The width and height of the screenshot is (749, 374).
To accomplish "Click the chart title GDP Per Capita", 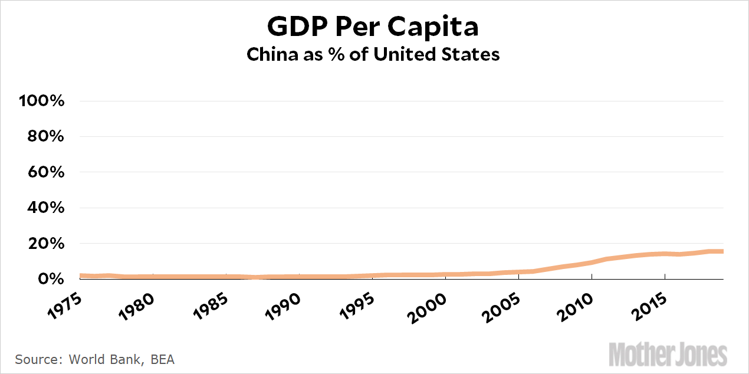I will click(373, 27).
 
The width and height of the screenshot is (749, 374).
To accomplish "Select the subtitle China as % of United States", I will click(373, 54).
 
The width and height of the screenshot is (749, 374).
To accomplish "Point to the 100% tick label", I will click(41, 101).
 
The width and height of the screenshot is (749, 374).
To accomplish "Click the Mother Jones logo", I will click(668, 354).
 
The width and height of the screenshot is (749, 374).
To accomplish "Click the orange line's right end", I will click(722, 251).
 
